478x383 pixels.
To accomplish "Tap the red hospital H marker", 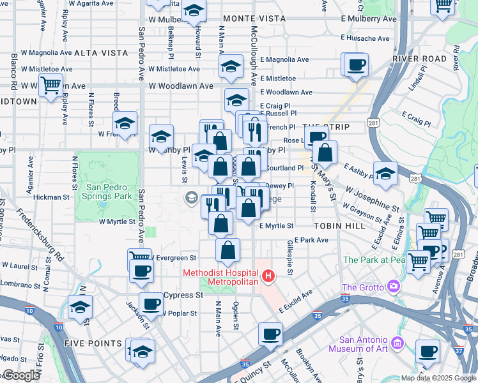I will [269, 276].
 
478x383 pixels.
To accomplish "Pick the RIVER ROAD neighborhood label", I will [419, 59].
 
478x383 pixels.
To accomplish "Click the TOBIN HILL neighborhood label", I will [339, 226].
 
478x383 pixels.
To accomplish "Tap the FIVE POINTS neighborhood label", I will [93, 343].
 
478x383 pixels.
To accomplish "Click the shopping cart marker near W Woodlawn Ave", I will [50, 85].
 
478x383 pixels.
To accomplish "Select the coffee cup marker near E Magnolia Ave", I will [356, 64].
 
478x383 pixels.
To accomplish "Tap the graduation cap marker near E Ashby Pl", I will [385, 174].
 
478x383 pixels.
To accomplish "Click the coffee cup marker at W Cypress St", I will [151, 304].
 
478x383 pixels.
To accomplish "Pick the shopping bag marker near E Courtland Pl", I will [325, 153].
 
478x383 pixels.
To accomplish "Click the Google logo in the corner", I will [21, 375].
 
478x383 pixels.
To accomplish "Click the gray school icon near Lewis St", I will [190, 198].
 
